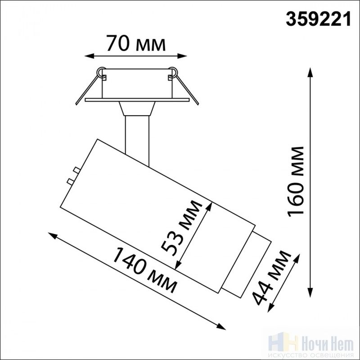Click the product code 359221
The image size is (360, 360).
(x=318, y=19)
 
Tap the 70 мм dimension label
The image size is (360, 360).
(x=136, y=43)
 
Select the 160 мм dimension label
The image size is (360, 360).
(x=296, y=182)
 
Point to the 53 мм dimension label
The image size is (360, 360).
(x=181, y=228)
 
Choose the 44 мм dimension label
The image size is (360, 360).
(x=271, y=278)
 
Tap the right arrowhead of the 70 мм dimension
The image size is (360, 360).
(x=182, y=56)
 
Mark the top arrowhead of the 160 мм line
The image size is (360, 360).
(x=310, y=72)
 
